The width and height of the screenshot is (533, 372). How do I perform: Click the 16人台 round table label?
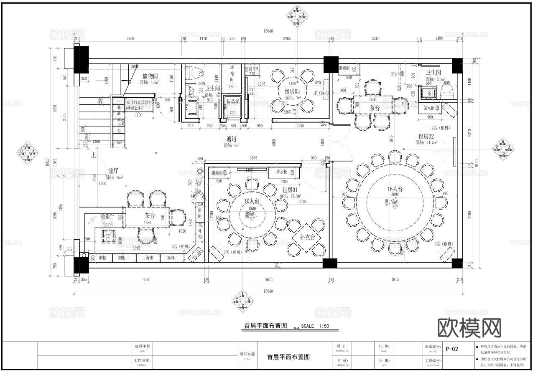coord(395,189)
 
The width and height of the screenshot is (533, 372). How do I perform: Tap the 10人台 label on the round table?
coord(252,201)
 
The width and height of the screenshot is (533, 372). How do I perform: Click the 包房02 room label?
coord(426,137)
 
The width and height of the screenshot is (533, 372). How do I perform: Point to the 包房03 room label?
coord(292,91)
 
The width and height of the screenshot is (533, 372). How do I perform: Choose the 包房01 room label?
coord(286,190)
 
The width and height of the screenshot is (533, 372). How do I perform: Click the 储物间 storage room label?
coord(150,76)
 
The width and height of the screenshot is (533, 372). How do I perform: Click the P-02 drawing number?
coord(452,349)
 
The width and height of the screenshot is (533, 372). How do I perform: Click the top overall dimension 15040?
coord(268,31)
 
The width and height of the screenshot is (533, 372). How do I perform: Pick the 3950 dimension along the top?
coord(130,39)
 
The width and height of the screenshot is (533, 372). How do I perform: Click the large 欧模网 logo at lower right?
coord(469,328)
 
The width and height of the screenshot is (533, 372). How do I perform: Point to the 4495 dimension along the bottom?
coord(146,280)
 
